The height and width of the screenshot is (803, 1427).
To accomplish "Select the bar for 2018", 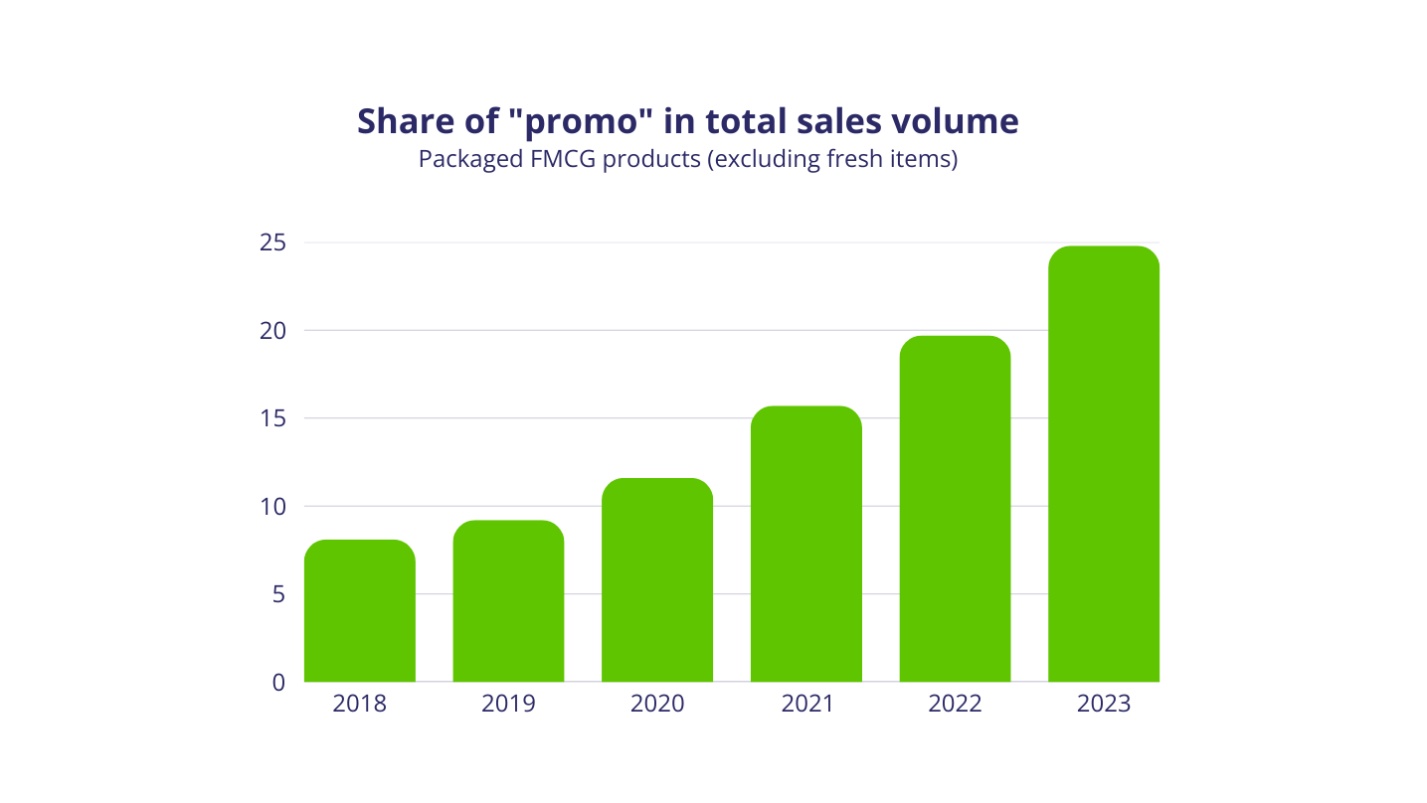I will click(359, 611).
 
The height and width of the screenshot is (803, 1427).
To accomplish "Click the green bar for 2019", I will click(508, 601).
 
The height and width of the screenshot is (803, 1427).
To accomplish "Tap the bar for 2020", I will click(657, 580).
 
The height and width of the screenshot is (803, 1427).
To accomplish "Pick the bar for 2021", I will click(806, 544).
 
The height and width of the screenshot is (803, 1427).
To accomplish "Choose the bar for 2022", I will click(955, 509).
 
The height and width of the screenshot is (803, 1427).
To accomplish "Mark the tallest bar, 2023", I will click(1104, 464).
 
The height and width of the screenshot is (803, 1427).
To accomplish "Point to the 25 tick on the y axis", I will click(272, 242).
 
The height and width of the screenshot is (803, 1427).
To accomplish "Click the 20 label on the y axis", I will click(272, 331).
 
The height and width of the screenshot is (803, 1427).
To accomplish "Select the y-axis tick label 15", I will click(272, 418).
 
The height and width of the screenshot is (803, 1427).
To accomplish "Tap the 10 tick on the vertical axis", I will click(272, 507).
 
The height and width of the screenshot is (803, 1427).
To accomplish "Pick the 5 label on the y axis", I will click(278, 594).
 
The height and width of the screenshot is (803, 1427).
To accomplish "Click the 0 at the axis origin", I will click(278, 683).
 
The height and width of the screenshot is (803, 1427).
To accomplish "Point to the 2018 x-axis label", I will click(359, 705).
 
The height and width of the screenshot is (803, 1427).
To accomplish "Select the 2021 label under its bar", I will click(806, 705).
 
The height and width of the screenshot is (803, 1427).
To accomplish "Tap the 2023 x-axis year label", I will click(1104, 705).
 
